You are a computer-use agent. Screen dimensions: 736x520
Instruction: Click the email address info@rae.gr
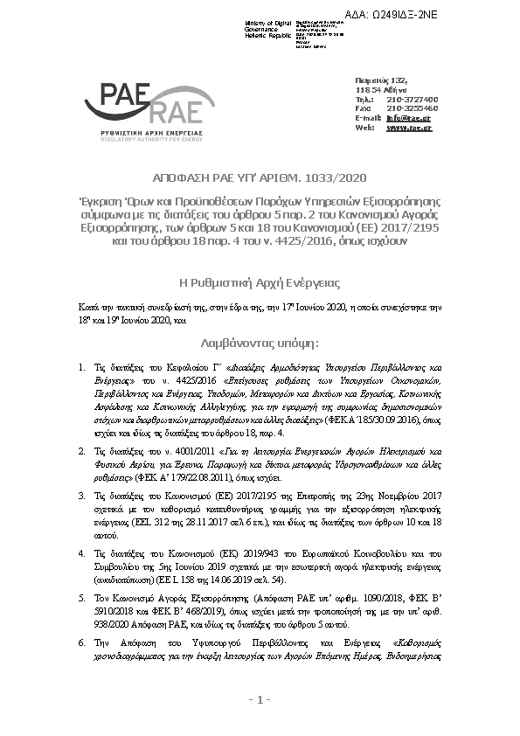(x=409, y=117)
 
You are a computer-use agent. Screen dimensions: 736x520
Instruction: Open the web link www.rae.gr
(x=409, y=127)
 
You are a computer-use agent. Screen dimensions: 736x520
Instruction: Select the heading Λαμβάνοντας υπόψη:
(x=260, y=344)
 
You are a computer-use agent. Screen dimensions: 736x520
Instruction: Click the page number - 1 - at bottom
(x=260, y=699)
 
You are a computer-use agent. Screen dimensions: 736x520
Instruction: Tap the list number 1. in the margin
(x=81, y=370)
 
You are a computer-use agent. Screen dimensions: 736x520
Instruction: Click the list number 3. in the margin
(x=81, y=494)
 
